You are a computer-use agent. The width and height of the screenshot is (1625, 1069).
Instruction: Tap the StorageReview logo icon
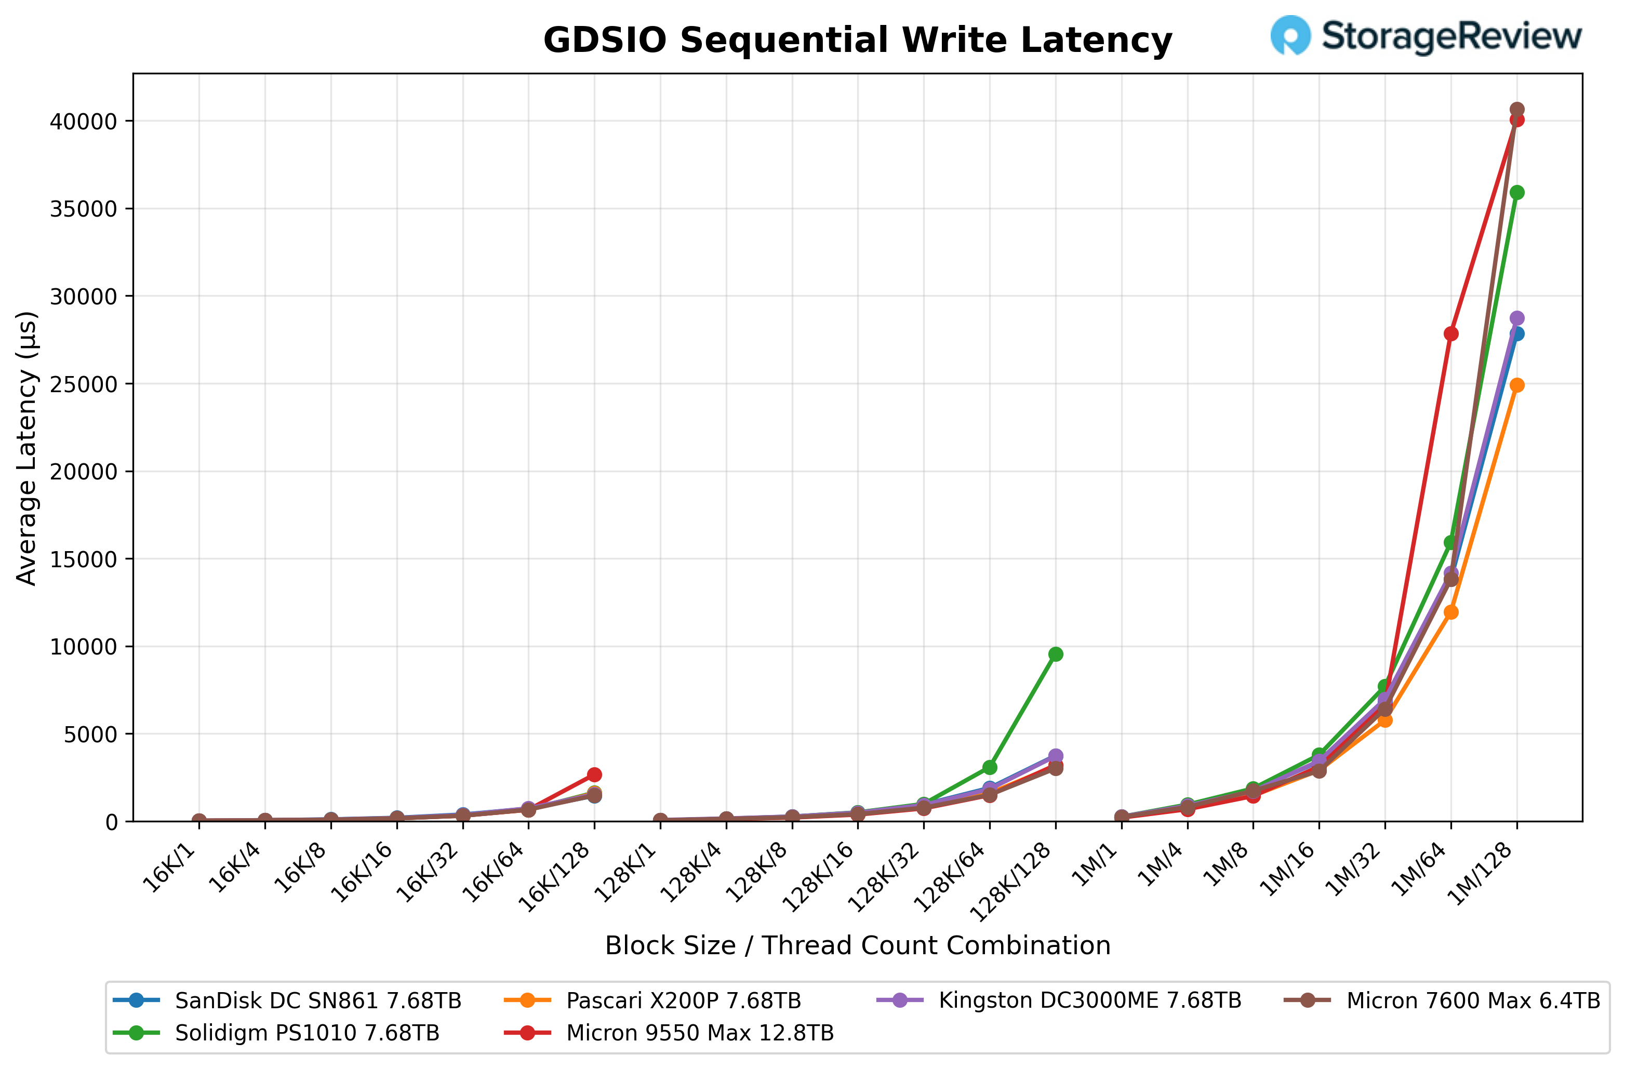point(1290,35)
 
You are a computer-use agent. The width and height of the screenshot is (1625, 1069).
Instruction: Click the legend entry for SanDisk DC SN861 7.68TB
point(317,1001)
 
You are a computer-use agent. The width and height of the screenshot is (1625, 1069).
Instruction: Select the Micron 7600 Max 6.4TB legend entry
point(1473,1001)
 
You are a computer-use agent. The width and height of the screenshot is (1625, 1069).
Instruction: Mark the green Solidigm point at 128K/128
point(1056,654)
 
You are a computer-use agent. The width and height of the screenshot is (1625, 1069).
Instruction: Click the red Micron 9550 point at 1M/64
point(1451,334)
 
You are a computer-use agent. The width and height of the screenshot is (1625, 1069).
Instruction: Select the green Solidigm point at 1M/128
point(1516,193)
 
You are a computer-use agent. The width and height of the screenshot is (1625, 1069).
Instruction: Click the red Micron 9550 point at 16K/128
point(594,775)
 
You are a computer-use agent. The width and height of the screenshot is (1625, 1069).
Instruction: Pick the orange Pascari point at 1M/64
point(1451,612)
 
